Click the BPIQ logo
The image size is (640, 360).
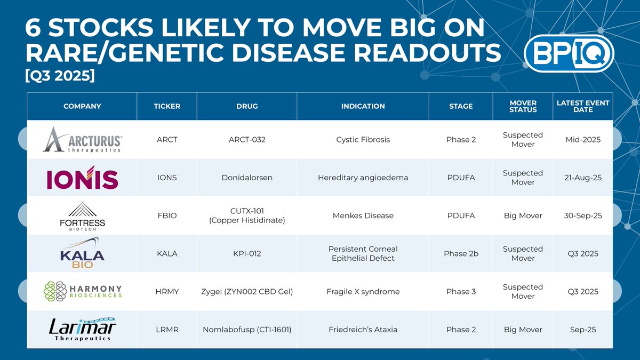coord(569,53)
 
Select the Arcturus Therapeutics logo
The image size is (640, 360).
coord(82,140)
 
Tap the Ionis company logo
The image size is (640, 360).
coord(82,178)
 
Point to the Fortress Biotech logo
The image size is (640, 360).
coord(82,215)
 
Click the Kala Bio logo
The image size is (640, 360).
coord(82,253)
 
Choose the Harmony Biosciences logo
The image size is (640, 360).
coord(82,291)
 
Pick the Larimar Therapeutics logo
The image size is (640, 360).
coord(82,329)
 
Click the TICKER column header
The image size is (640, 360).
coord(167,106)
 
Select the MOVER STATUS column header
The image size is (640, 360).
coord(523,106)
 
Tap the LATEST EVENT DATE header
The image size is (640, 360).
coord(583,106)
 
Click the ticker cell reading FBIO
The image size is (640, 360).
coord(167,215)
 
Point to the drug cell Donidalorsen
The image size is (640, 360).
coord(247,178)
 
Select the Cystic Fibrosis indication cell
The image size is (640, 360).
coord(363,140)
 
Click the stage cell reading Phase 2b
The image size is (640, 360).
coord(461,253)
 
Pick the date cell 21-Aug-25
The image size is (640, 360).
coord(583,178)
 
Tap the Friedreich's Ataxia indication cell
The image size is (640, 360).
coord(363,329)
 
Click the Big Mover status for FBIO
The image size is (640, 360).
coord(523,215)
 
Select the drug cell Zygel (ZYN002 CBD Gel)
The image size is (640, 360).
coord(247,291)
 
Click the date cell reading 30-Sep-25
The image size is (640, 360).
coord(583,215)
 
